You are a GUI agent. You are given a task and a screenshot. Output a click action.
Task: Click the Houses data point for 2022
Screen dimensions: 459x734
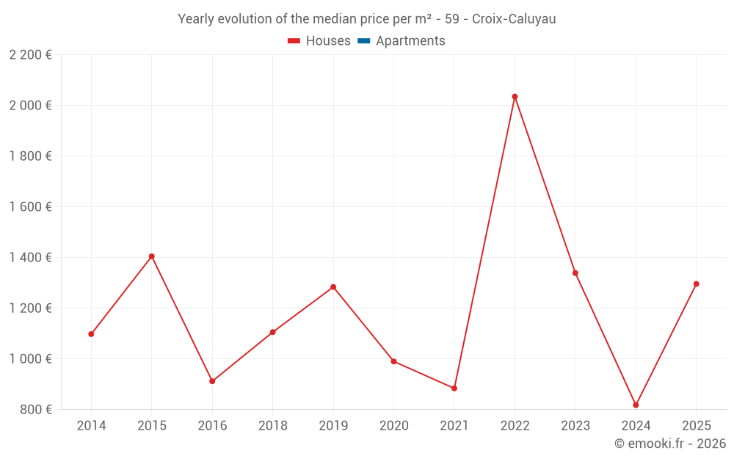click(515, 96)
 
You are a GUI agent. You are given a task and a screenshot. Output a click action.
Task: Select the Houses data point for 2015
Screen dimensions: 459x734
click(152, 256)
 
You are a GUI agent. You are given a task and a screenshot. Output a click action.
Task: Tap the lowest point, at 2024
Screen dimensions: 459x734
click(636, 405)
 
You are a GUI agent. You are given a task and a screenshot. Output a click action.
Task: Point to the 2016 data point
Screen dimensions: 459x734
click(212, 381)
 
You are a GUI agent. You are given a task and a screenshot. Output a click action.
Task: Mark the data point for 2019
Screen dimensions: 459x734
click(333, 287)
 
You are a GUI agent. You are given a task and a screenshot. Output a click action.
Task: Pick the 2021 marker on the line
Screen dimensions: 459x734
click(454, 388)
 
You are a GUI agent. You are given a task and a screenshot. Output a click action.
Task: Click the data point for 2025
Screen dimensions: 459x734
click(696, 284)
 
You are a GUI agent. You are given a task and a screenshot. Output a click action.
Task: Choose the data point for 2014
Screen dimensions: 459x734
click(91, 334)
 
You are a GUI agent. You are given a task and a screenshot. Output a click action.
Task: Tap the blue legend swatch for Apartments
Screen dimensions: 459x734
click(363, 41)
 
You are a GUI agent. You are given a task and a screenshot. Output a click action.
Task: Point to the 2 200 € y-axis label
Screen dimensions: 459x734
click(31, 55)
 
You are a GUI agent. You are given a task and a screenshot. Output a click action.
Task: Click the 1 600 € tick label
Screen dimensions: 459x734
click(31, 207)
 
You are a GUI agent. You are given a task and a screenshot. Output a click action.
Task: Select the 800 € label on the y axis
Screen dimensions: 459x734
click(35, 410)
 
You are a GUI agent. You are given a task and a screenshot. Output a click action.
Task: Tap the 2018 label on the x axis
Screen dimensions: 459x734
click(272, 426)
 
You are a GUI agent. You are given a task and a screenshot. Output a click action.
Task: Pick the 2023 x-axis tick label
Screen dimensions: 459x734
click(575, 426)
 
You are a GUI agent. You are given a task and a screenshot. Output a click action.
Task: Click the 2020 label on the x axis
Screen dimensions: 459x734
click(393, 426)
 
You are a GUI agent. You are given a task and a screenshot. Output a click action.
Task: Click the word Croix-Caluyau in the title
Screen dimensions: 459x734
click(514, 19)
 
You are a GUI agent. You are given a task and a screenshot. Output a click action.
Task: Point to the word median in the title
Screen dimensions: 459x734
click(310, 19)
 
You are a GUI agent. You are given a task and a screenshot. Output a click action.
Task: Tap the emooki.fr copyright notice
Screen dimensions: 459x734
click(669, 444)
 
